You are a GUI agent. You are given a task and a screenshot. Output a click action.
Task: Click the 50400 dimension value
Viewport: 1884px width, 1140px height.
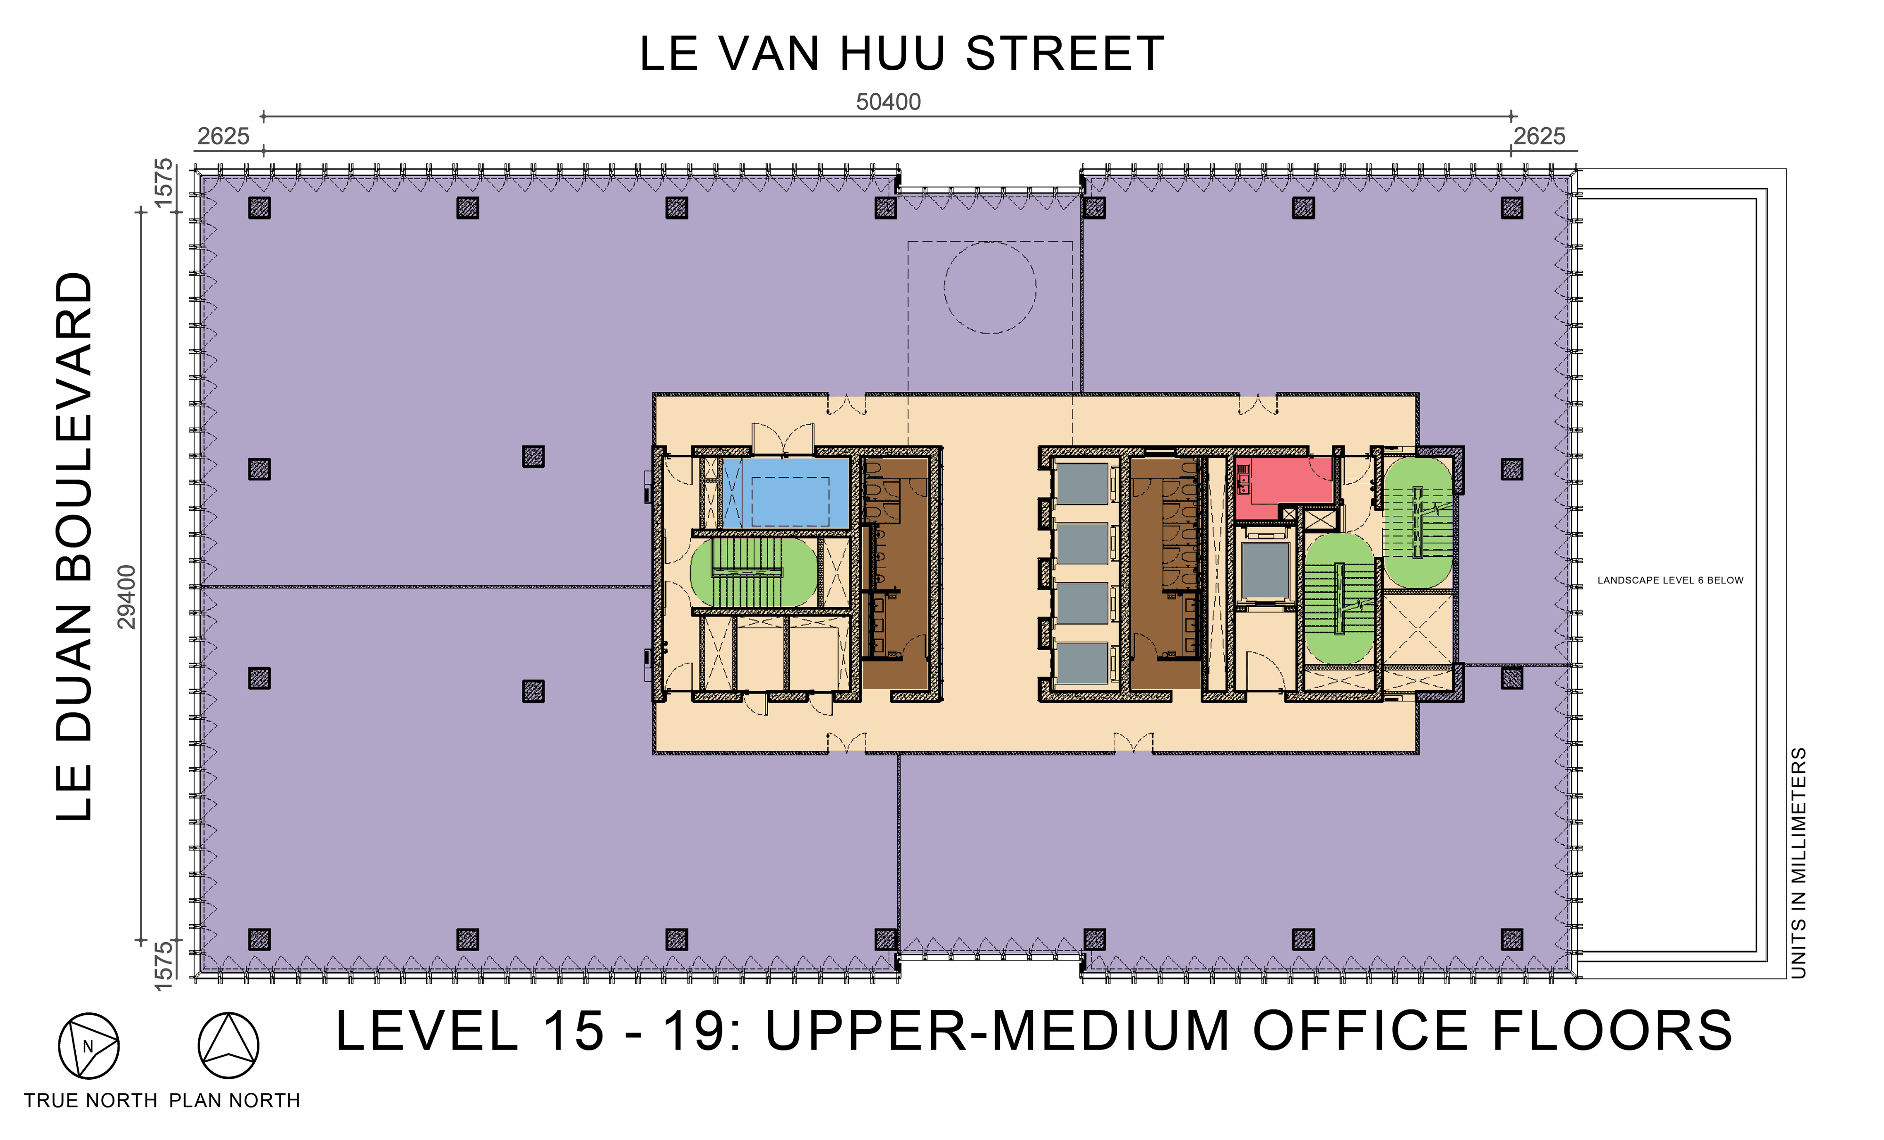coord(888,102)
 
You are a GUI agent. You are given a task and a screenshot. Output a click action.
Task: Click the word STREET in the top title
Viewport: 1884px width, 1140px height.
coord(1065,54)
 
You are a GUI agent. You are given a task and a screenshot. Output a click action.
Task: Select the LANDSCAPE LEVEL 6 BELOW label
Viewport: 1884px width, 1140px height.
coord(1671,580)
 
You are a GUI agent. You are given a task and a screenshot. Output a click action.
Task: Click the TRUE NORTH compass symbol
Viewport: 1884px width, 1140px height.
coord(89,1046)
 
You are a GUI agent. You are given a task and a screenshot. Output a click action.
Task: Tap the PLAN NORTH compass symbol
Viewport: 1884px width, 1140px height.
coord(228,1046)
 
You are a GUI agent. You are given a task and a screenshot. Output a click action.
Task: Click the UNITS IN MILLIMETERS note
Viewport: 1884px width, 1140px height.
coord(1799,863)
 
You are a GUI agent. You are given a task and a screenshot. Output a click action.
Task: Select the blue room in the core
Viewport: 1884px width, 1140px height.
coord(786,492)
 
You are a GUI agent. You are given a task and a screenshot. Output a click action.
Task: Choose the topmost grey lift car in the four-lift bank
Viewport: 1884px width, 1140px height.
coord(1082,483)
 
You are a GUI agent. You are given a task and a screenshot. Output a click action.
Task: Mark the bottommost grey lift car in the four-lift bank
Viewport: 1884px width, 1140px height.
coord(1082,663)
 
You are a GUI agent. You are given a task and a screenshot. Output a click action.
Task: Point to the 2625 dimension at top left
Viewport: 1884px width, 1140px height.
coord(223,136)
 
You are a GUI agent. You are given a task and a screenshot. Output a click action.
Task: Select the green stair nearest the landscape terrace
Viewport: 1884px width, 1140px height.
coord(1418,523)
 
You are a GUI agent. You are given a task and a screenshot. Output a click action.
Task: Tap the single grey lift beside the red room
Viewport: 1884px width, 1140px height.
coord(1266,570)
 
